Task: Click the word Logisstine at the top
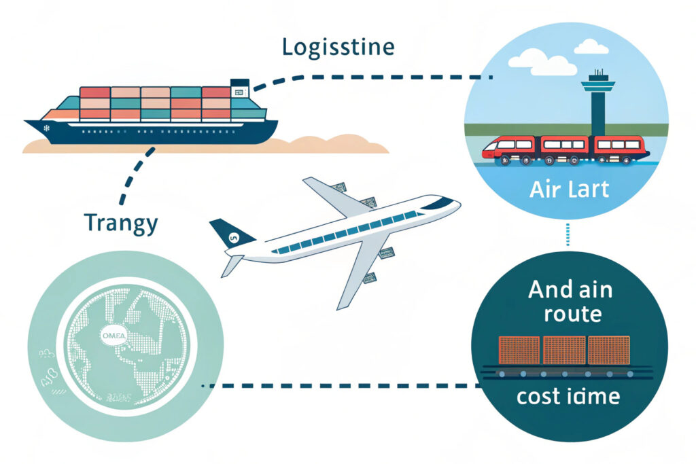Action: coord(338,48)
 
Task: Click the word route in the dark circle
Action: coord(567,314)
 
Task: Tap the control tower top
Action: coord(598,85)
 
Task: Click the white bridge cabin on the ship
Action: coord(240,86)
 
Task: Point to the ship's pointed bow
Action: coord(31,124)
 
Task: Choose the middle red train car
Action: coord(563,146)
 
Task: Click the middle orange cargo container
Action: coord(563,349)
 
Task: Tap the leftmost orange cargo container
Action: coord(519,349)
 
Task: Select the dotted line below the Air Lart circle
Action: coord(567,235)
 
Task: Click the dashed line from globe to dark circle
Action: coord(340,386)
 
